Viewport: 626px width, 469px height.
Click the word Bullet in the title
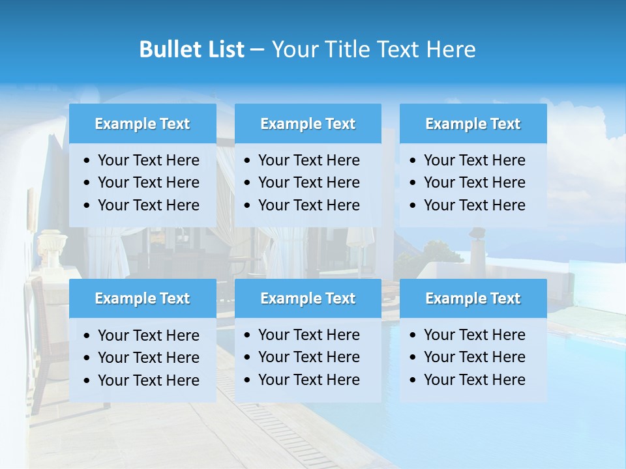(x=167, y=50)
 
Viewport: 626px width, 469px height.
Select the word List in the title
(x=224, y=50)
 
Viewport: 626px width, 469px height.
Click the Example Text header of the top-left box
(x=142, y=124)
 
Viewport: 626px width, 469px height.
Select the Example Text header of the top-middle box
(x=308, y=124)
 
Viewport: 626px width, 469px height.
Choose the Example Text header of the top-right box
(x=473, y=124)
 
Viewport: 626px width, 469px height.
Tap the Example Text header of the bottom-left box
(x=142, y=298)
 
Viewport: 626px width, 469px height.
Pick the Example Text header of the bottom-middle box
(x=308, y=298)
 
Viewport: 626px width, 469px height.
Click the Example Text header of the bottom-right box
(x=473, y=298)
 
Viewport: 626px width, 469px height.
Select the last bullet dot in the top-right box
(x=413, y=206)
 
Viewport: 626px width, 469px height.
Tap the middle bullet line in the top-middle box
(x=308, y=182)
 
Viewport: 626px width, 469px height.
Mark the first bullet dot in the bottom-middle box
(x=248, y=335)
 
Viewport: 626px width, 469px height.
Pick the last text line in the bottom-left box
(x=148, y=380)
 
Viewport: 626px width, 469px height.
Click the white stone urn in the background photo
(x=50, y=244)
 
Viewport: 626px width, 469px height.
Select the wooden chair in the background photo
(x=40, y=326)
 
